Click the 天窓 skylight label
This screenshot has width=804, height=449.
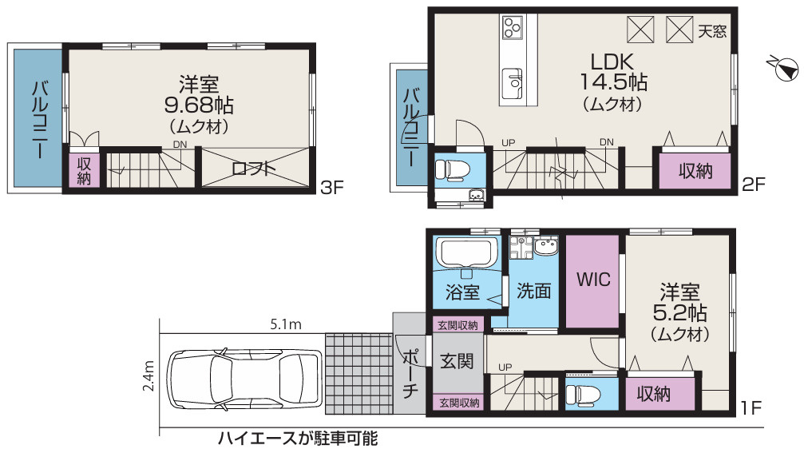click(712, 32)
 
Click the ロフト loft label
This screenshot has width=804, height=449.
click(254, 169)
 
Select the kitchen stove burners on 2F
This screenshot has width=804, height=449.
click(511, 29)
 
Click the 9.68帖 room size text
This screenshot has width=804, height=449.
click(200, 104)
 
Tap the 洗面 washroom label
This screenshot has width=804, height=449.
click(533, 291)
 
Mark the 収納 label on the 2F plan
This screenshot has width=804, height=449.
click(695, 170)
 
